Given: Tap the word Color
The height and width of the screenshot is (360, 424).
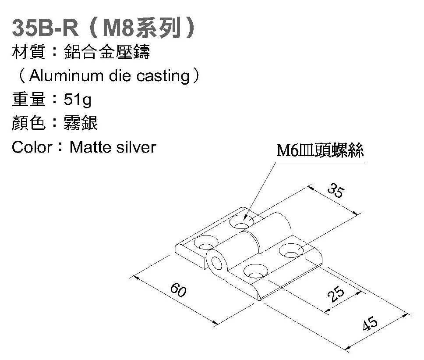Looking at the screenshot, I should (x=32, y=147).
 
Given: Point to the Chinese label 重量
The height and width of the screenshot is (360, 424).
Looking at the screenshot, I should (x=29, y=100).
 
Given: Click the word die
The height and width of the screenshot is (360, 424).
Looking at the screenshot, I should (x=118, y=76).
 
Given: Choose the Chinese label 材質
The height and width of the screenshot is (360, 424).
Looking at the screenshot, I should (x=29, y=53).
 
